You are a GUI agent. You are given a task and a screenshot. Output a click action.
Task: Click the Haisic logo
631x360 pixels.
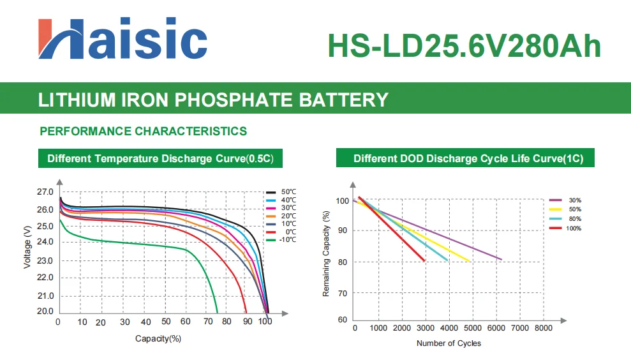[x=122, y=39]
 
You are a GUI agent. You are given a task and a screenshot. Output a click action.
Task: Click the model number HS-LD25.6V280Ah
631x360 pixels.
[x=464, y=46]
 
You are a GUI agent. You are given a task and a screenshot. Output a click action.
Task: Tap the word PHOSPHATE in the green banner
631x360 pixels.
[x=234, y=100]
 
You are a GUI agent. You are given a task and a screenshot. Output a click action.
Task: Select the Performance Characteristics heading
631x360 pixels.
[x=144, y=131]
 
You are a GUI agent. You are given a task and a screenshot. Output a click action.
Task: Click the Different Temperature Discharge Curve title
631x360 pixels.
[x=160, y=158]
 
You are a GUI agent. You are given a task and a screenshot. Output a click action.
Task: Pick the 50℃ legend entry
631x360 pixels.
[x=281, y=192]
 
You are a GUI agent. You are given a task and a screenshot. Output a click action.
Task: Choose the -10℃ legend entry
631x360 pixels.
[x=281, y=239]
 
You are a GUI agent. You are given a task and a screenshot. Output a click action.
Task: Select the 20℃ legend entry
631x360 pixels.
[x=281, y=216]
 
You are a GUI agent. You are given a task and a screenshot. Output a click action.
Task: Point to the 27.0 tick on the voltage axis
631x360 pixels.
[x=45, y=192]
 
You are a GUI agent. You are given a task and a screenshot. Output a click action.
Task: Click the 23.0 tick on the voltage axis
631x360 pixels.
[x=45, y=261]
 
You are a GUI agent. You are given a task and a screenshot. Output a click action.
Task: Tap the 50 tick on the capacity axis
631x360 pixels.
[x=166, y=321]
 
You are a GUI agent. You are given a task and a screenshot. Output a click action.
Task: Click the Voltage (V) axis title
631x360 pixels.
[x=27, y=247]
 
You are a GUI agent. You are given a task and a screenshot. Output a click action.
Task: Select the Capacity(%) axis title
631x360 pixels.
[x=158, y=339]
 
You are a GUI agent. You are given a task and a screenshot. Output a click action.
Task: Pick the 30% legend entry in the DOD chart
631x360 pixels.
[x=565, y=200]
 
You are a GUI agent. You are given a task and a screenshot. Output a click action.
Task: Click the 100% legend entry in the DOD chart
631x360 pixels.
[x=565, y=229]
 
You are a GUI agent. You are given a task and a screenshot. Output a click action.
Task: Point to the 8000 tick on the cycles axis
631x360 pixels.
[x=543, y=328]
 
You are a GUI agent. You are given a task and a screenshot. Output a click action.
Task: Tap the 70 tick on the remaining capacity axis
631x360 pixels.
[x=343, y=294]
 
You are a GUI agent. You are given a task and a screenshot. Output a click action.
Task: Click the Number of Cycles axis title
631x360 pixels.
[x=449, y=343]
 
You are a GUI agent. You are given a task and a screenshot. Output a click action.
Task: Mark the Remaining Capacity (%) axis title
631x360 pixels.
[x=326, y=253]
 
